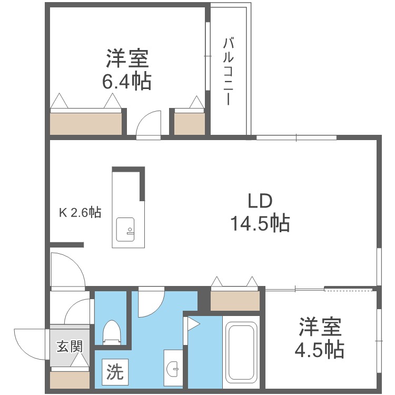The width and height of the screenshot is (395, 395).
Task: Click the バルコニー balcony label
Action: coord(228,71)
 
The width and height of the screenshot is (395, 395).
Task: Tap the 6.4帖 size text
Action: coord(126,82)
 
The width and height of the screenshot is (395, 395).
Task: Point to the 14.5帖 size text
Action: coord(259,224)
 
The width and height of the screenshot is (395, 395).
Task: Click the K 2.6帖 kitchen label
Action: coord(80,213)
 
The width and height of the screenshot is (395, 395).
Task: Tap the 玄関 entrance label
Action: coord(70,347)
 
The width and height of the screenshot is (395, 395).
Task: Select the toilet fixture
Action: coord(112,332)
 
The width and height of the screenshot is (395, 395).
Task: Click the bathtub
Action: coord(241,352)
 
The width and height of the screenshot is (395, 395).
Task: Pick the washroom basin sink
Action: coord(173,370)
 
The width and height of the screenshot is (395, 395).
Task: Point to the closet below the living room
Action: coord(235,300)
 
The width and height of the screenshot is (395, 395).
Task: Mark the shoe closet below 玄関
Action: coord(70,379)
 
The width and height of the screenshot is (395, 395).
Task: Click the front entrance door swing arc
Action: coord(29,342)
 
